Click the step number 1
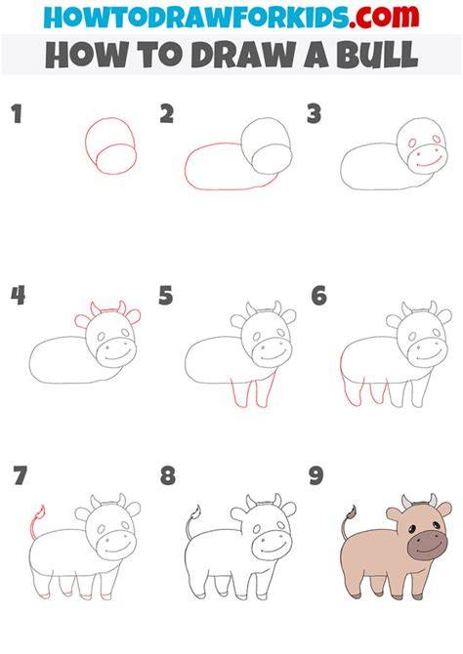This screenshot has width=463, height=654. tap(17, 114)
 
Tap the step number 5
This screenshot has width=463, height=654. tap(165, 296)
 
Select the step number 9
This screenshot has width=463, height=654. tap(316, 475)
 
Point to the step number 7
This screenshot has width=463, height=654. tap(20, 475)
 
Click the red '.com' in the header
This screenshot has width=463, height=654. tap(384, 17)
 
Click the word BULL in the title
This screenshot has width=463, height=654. tap(377, 55)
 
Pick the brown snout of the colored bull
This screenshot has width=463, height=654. tap(427, 545)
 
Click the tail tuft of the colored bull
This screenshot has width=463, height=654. tap(351, 514)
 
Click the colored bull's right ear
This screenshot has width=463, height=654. tap(443, 509)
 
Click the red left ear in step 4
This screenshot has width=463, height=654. tap(83, 321)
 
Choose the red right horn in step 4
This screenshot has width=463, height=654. tap(121, 307)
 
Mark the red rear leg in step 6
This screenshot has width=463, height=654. tap(351, 384)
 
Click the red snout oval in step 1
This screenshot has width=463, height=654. tap(116, 158)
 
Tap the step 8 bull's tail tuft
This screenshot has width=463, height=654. tap(195, 513)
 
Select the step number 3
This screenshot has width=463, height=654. tap(314, 114)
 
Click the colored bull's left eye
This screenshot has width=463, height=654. tap(411, 530)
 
